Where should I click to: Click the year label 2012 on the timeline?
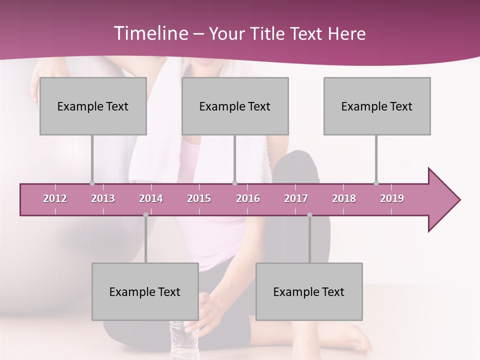(x=55, y=198)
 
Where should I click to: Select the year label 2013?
(x=103, y=198)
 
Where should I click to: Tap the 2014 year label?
(x=151, y=198)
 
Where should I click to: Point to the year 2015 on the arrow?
(x=199, y=198)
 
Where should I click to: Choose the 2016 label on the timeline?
(x=248, y=198)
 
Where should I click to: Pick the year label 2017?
(x=296, y=198)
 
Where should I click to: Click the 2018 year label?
(x=344, y=198)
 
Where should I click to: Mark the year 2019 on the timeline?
(x=392, y=198)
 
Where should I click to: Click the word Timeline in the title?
(x=150, y=33)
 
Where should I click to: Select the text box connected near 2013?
(x=93, y=106)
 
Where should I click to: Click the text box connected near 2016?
(x=235, y=106)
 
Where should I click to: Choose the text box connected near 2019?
(x=377, y=106)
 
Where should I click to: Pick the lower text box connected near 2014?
(x=145, y=291)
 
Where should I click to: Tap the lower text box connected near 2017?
(x=309, y=291)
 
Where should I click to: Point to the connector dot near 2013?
(x=92, y=183)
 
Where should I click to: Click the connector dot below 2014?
(x=145, y=215)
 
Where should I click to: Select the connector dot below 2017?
(x=309, y=215)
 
